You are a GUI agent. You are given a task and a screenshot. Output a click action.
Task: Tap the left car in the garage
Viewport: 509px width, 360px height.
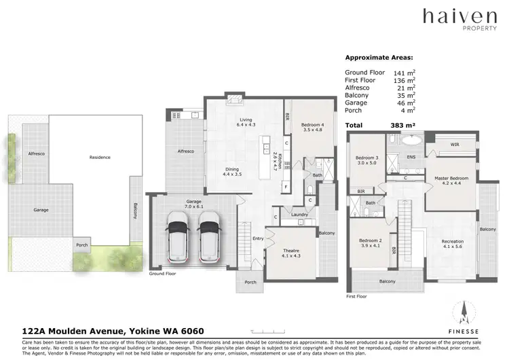pos(178,236)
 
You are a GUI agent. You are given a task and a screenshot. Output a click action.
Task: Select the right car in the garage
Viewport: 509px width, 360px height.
pos(209,236)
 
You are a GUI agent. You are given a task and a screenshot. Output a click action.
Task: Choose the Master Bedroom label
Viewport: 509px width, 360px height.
pos(451,180)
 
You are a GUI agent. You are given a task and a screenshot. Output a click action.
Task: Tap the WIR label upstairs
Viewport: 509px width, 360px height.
pos(455,143)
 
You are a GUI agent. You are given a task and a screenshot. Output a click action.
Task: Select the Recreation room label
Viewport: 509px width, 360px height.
pos(452,243)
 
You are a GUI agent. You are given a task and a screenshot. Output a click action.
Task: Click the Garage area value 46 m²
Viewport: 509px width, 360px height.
pos(404,103)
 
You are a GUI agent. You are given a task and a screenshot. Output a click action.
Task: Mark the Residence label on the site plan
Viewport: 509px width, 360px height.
pos(99,157)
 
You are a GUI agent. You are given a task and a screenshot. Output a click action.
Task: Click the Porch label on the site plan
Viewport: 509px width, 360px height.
pos(82,245)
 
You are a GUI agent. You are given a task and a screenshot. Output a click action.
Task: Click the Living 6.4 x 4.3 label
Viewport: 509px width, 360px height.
pos(245,123)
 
